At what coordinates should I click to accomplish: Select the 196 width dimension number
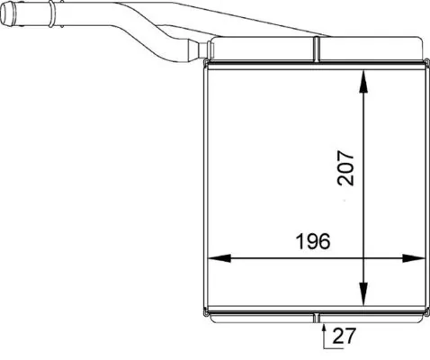(311, 241)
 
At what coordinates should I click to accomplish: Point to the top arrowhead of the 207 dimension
(363, 80)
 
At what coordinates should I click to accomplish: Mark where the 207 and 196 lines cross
(363, 258)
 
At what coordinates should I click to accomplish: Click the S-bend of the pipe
(148, 31)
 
